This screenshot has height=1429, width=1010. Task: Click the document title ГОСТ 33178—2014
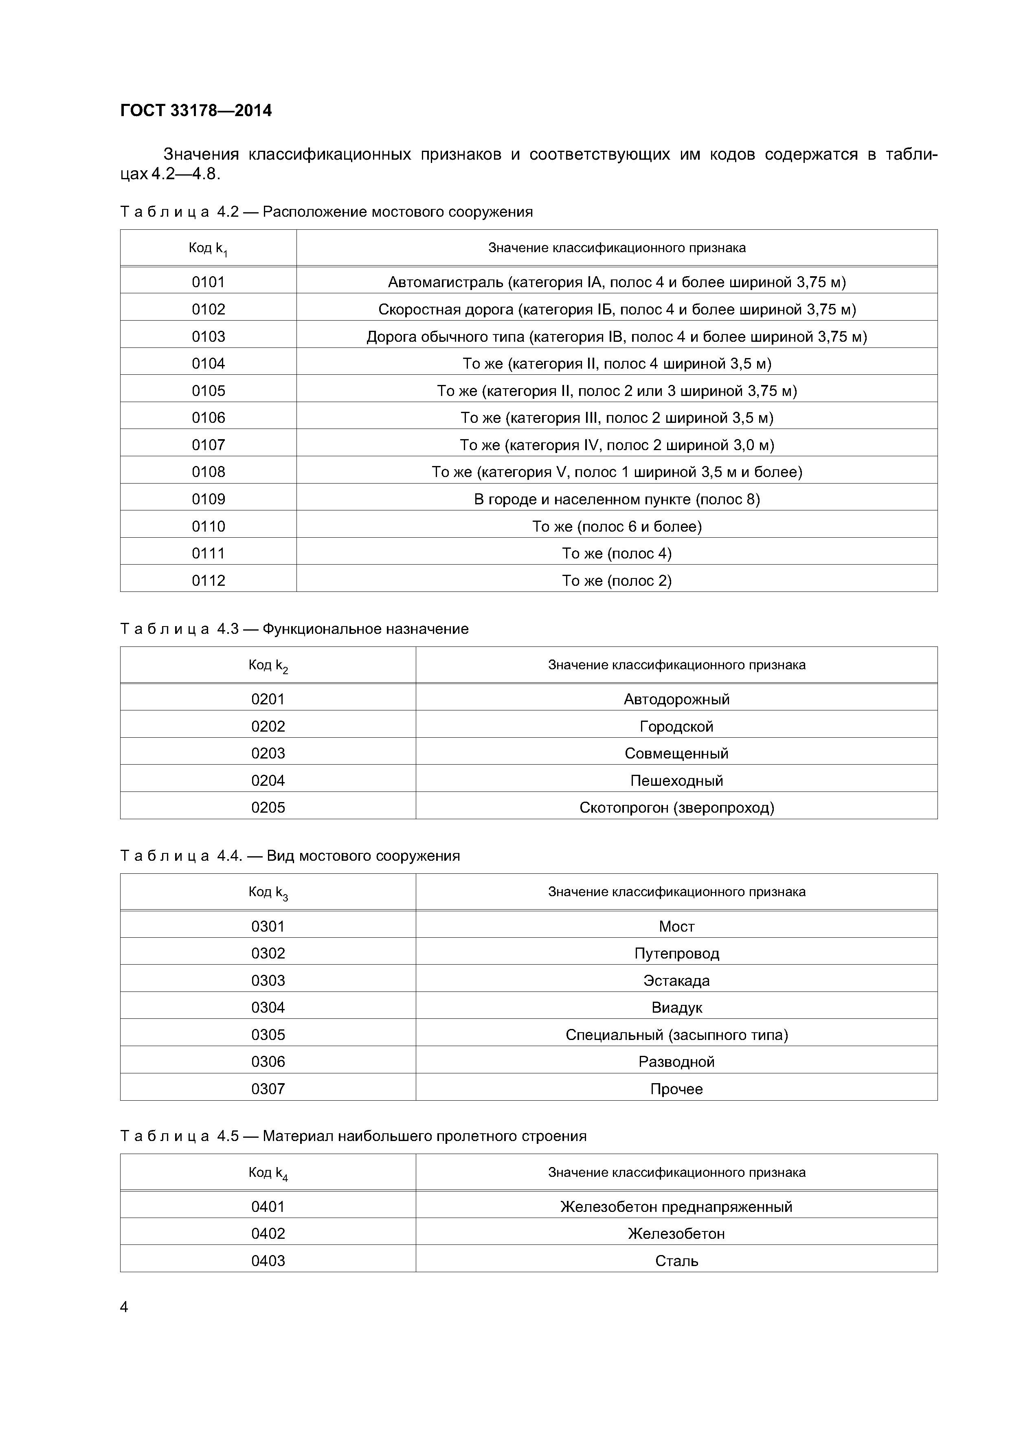point(196,111)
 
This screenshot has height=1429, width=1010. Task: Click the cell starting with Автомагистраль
point(616,282)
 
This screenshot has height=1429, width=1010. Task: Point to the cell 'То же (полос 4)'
point(616,553)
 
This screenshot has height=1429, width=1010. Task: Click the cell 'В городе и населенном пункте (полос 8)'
point(616,499)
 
